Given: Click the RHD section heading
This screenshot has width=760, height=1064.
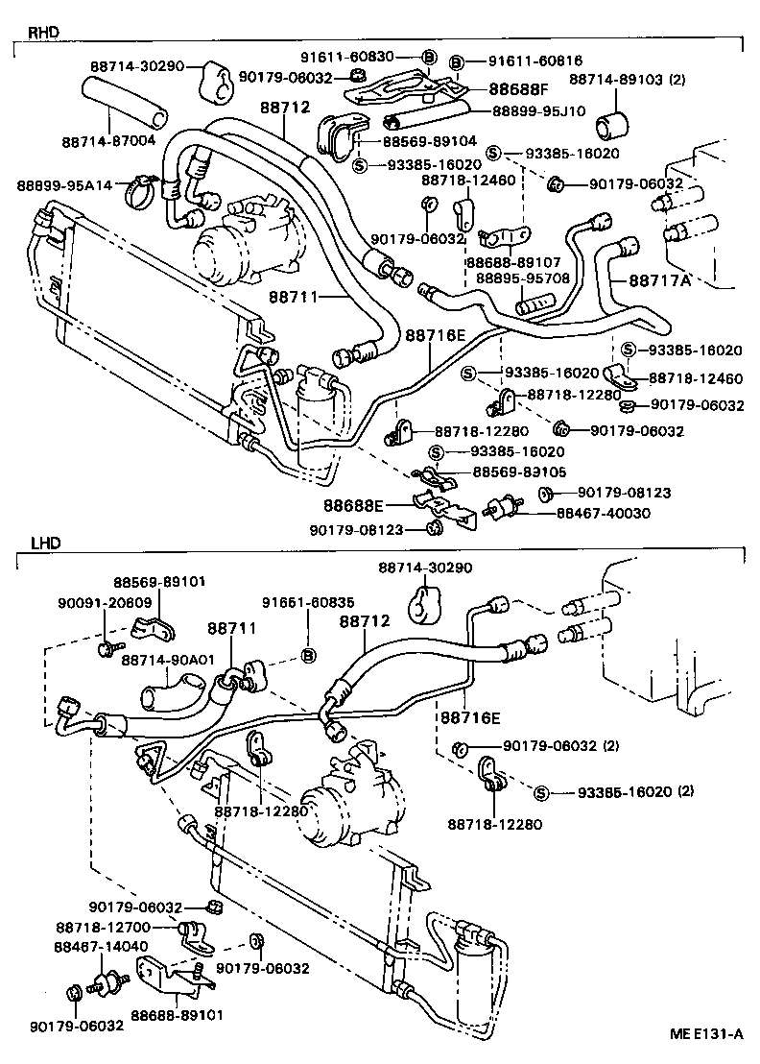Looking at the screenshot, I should point(43,32).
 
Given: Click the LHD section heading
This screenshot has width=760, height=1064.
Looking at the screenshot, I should point(45,543).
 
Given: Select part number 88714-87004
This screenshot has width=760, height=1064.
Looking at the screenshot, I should point(108,141).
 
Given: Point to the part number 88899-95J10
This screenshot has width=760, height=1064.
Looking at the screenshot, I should point(537,110).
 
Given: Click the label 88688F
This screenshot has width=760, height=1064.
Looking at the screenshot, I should point(517,89).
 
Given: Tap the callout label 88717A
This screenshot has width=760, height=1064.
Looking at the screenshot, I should point(659,281).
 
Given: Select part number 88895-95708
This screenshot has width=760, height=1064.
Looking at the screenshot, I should point(523,278).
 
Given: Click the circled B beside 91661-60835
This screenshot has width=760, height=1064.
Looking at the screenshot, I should point(308,656).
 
